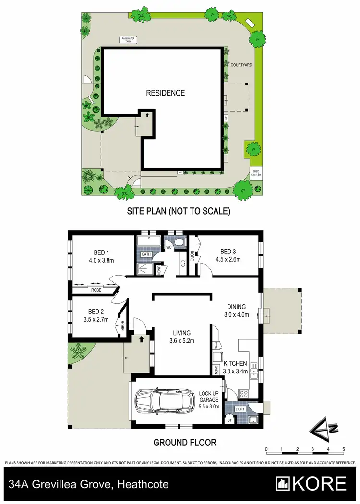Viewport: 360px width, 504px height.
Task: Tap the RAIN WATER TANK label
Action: tap(126, 40)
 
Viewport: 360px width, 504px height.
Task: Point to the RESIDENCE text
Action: tap(165, 93)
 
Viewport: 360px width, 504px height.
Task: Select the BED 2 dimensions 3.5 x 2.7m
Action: tap(96, 319)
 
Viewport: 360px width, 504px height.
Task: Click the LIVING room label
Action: tap(182, 332)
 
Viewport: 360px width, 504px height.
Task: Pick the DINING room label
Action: tap(237, 307)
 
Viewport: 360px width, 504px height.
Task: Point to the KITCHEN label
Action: tap(235, 363)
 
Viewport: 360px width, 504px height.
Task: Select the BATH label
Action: tap(146, 255)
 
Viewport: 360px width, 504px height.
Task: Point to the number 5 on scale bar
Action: tap(344, 449)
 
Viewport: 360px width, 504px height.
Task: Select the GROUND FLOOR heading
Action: tap(185, 442)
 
